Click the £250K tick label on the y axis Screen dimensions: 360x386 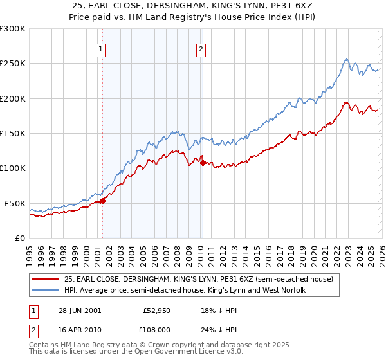pyautogui.click(x=12, y=64)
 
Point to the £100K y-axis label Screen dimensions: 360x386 pyautogui.click(x=12, y=168)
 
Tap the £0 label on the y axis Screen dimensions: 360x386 pyautogui.click(x=19, y=238)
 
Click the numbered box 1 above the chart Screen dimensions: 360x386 pyautogui.click(x=102, y=49)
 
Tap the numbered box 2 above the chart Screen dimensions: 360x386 pyautogui.click(x=201, y=49)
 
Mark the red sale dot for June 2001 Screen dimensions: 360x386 pyautogui.click(x=103, y=201)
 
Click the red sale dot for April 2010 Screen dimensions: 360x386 pyautogui.click(x=203, y=163)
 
